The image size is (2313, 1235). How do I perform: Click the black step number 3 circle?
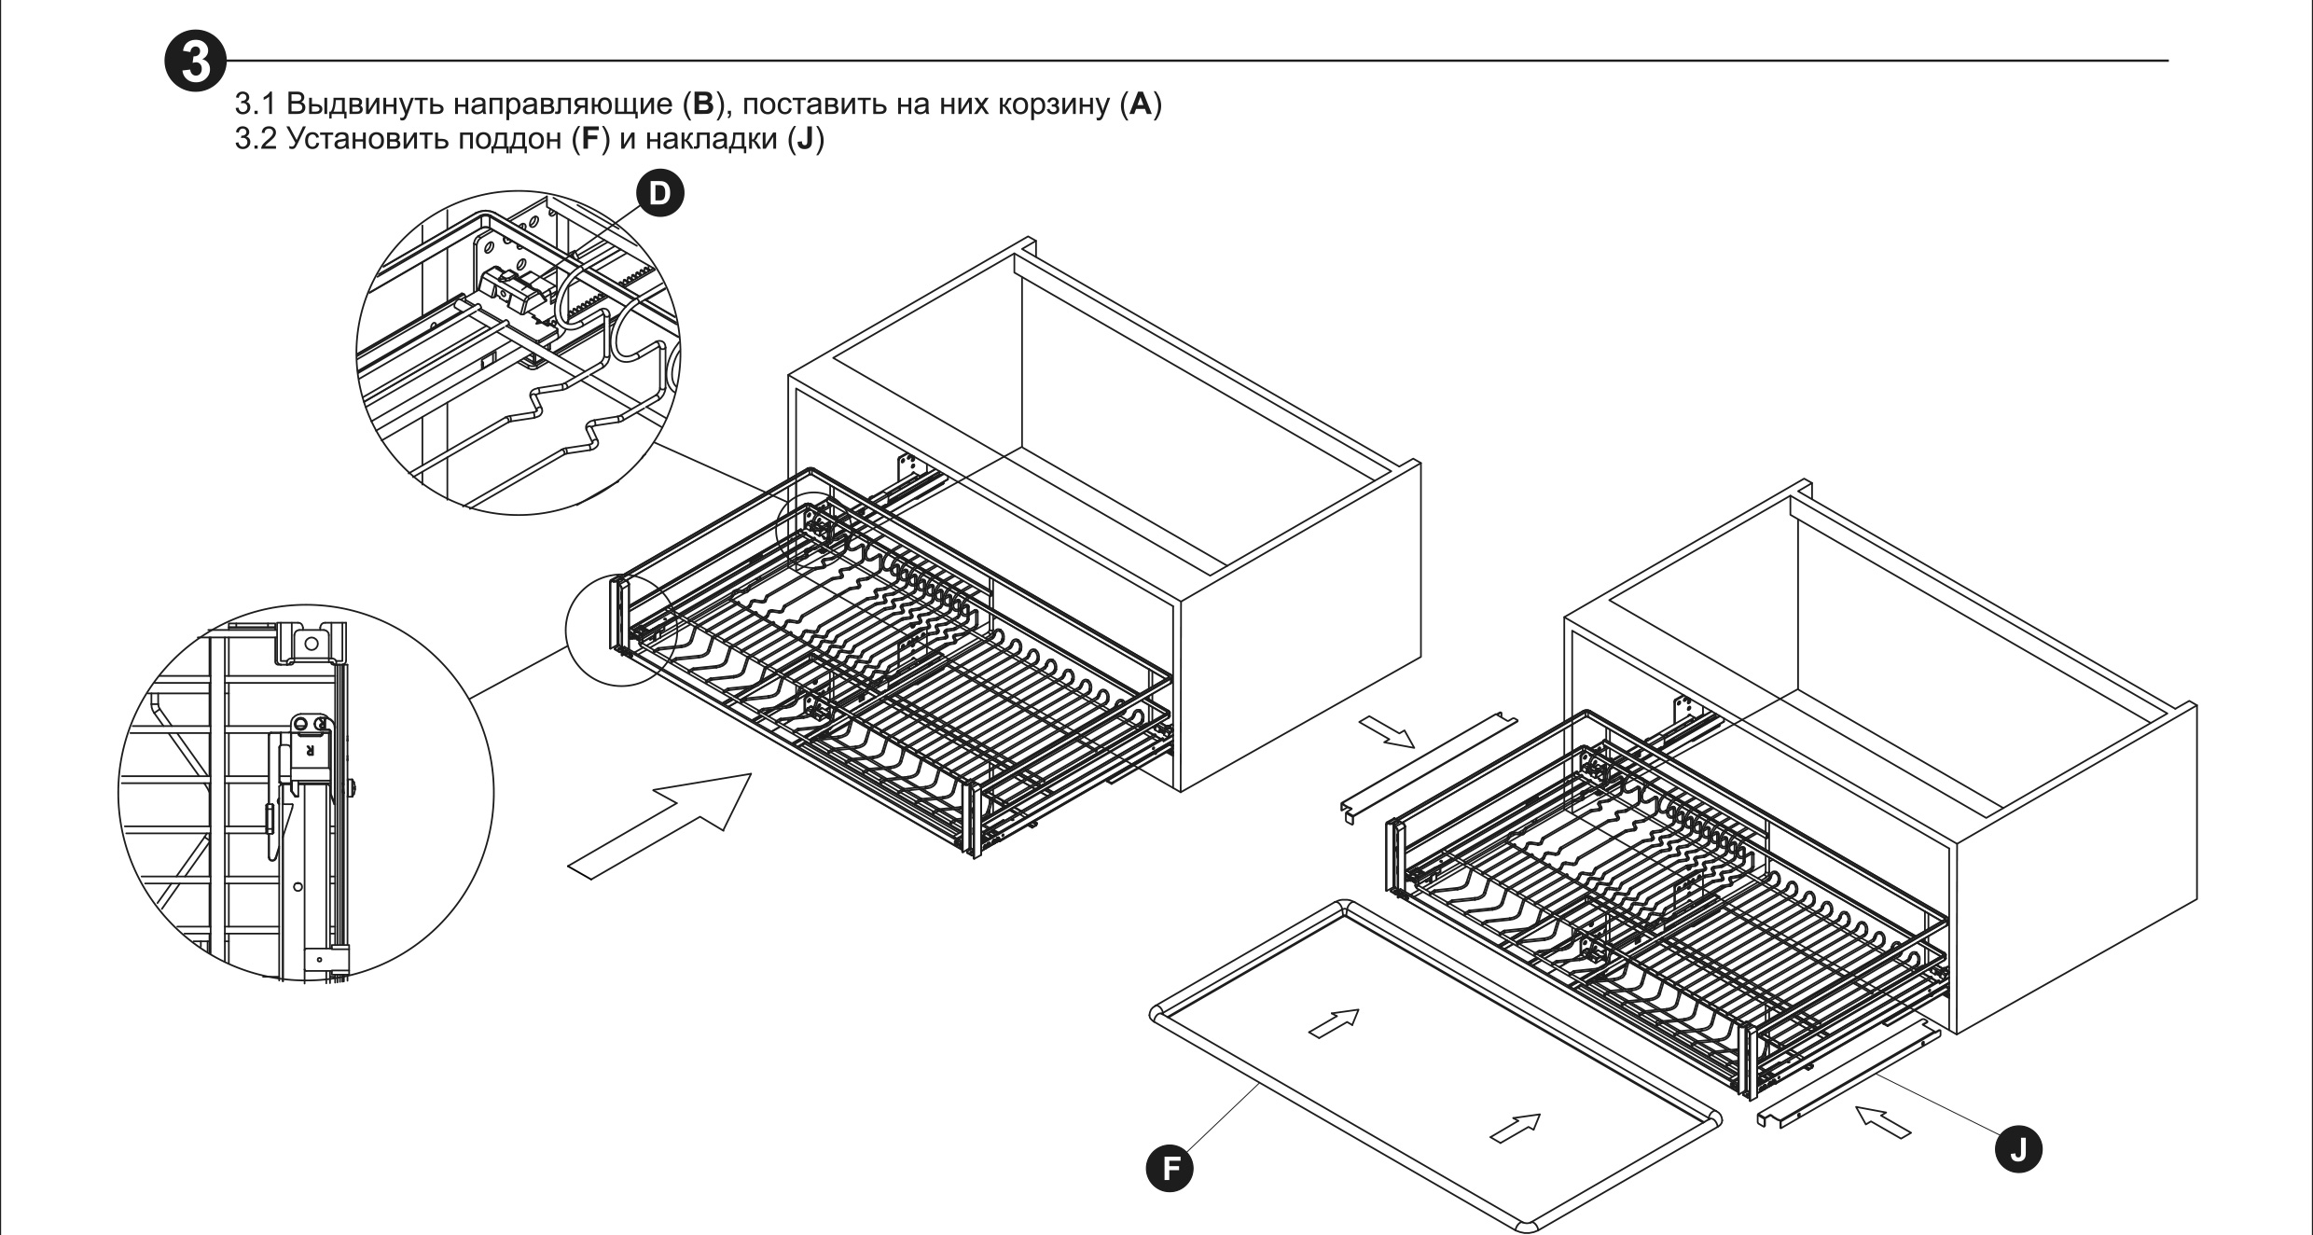[x=194, y=62]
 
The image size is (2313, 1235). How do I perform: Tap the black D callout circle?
[x=658, y=194]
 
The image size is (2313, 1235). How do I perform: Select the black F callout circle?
[x=1169, y=1169]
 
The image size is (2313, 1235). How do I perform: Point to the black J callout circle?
[x=2017, y=1149]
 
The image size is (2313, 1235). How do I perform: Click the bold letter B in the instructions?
[x=699, y=104]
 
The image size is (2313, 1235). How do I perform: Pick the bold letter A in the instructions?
[x=1140, y=104]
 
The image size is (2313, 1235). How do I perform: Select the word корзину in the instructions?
[x=1053, y=104]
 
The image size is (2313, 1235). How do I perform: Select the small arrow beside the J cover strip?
[x=1882, y=1121]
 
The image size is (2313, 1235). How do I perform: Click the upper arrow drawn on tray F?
[x=1334, y=1022]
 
